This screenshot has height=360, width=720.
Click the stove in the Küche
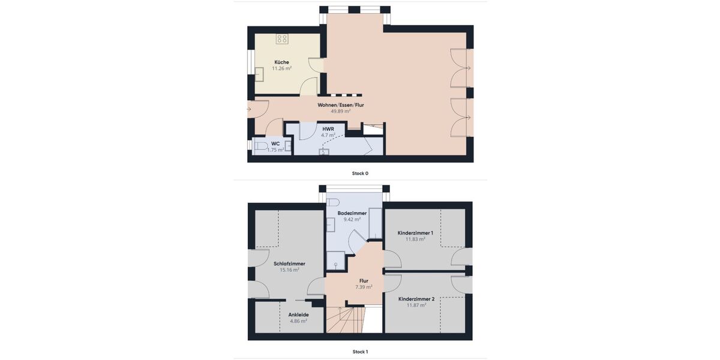(x=282, y=39)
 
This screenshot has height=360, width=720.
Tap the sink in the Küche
(x=259, y=74)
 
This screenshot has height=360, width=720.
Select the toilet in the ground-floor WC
(x=260, y=146)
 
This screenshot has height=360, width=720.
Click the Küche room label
(x=281, y=62)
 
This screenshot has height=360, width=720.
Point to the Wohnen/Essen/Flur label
(x=341, y=105)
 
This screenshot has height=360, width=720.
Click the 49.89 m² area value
(x=341, y=112)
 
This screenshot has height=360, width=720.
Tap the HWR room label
(x=328, y=129)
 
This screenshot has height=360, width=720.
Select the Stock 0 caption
(x=360, y=173)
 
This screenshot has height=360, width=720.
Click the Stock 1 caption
(x=360, y=352)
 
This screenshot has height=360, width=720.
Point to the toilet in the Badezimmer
(x=334, y=202)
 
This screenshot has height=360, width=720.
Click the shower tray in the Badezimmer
(x=335, y=260)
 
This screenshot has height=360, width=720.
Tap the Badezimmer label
(x=352, y=213)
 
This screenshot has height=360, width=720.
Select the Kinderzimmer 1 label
(x=415, y=233)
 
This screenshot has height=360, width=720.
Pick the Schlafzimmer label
(x=289, y=263)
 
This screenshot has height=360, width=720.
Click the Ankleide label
(x=298, y=314)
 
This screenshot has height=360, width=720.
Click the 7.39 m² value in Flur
(x=364, y=287)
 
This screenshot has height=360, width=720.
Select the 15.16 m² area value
(x=289, y=270)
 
